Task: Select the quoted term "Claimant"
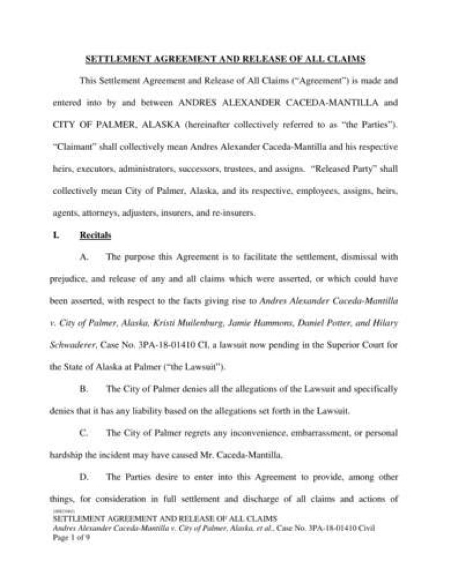tap(70, 146)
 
